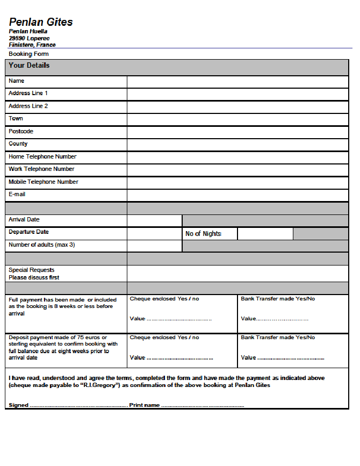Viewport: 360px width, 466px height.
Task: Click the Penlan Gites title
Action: (x=41, y=22)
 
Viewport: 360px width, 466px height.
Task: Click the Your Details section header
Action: (x=29, y=66)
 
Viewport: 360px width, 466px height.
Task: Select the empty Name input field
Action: (x=237, y=82)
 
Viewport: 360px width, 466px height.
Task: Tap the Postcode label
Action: (x=21, y=132)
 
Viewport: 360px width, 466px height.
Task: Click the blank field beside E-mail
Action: (x=237, y=195)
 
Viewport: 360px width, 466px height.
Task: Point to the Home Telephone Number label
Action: (x=42, y=157)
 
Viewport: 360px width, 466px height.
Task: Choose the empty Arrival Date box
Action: (x=154, y=220)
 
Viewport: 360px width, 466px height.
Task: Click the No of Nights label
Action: (x=203, y=234)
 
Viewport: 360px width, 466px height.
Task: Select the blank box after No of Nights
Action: (x=265, y=234)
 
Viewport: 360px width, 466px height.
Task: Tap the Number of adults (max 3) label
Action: (x=41, y=245)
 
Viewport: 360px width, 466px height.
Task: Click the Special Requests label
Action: (x=32, y=270)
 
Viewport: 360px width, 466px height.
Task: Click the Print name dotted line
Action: (x=203, y=406)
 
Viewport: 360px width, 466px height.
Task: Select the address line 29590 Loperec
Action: (x=29, y=39)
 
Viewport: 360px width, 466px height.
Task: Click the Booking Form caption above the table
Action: (x=28, y=54)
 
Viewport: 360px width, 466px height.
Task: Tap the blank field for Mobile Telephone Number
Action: (x=237, y=183)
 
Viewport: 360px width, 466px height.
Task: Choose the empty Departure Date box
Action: (x=154, y=233)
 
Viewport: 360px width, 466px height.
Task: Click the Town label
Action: (x=16, y=119)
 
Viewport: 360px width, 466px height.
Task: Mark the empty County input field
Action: (x=237, y=145)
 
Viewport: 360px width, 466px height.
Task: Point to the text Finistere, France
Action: (x=32, y=45)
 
